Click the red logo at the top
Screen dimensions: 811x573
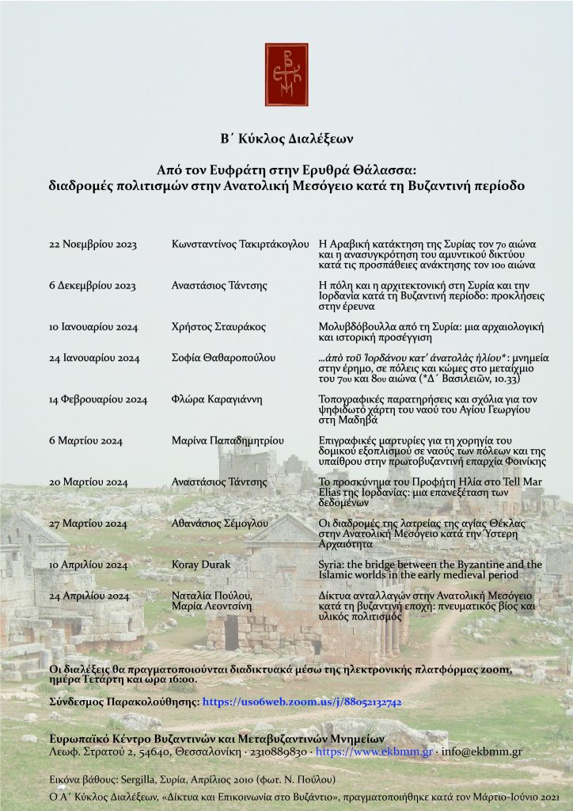point(286,74)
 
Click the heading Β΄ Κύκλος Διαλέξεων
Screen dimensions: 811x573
point(286,139)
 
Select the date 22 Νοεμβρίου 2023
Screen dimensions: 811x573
point(93,245)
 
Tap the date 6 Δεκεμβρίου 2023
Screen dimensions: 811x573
point(93,285)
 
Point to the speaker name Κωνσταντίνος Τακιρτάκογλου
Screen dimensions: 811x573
point(240,245)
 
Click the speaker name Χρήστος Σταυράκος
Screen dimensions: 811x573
point(218,326)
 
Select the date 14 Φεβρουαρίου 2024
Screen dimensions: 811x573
point(98,399)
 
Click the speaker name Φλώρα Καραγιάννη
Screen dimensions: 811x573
point(217,399)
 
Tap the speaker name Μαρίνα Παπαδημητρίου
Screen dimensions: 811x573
point(229,440)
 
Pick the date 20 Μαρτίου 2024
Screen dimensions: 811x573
point(89,482)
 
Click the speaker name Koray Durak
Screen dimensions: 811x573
point(201,565)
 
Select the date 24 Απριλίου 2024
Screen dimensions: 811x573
point(89,596)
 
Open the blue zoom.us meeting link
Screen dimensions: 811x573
point(302,702)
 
